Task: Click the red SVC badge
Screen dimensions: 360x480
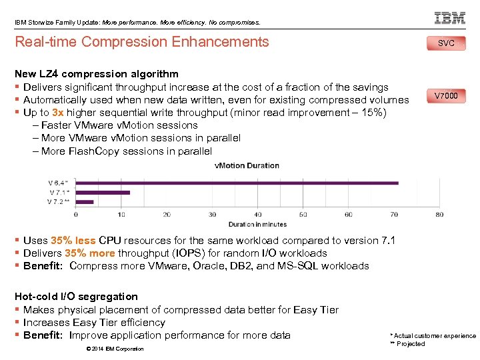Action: pyautogui.click(x=446, y=43)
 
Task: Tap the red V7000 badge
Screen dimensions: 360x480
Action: pyautogui.click(x=446, y=96)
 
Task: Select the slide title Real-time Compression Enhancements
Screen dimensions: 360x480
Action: pyautogui.click(x=141, y=42)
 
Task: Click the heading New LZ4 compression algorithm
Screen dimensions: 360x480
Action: pyautogui.click(x=97, y=74)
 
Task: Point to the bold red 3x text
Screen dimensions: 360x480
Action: pyautogui.click(x=58, y=113)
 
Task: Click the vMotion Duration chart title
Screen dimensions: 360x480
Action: pyautogui.click(x=247, y=165)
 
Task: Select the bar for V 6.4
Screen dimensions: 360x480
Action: pyautogui.click(x=237, y=182)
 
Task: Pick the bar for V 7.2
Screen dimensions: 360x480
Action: pyautogui.click(x=84, y=201)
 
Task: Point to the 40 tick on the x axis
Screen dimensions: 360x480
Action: pyautogui.click(x=257, y=215)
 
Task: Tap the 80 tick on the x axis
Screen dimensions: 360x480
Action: pyautogui.click(x=439, y=215)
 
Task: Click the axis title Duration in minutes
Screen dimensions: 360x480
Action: pyautogui.click(x=257, y=225)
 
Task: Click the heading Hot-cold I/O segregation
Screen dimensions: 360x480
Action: pyautogui.click(x=76, y=297)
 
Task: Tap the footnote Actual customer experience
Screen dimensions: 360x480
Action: pyautogui.click(x=435, y=336)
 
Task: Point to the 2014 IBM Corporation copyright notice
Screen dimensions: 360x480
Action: pyautogui.click(x=115, y=349)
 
